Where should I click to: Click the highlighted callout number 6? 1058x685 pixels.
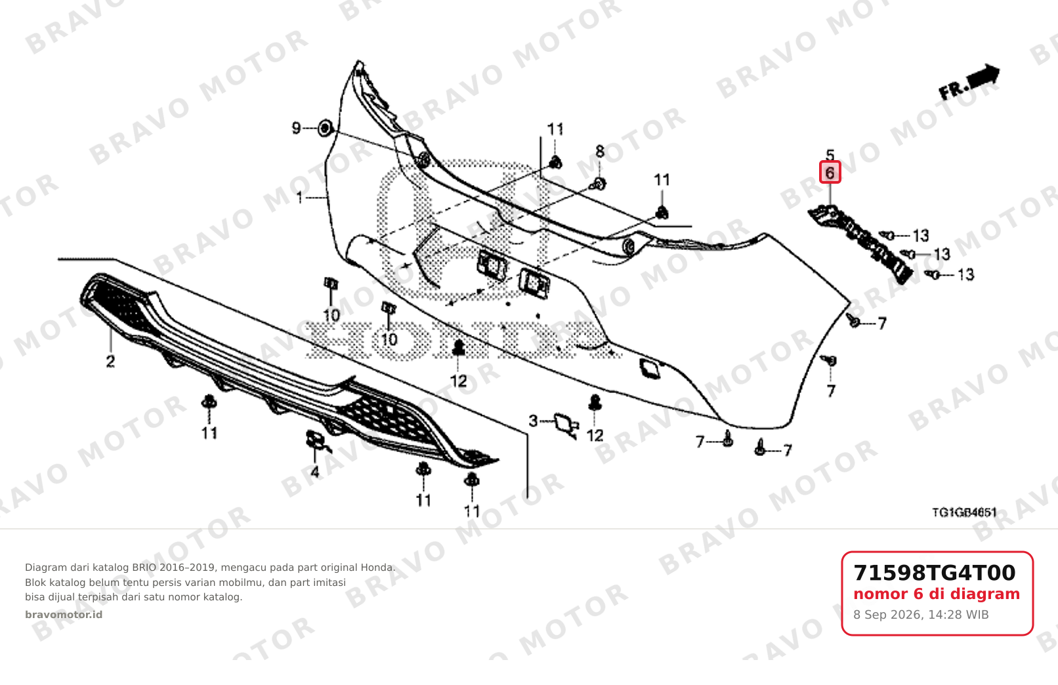(830, 173)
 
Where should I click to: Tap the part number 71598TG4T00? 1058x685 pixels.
(934, 573)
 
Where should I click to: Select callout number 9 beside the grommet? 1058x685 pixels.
(296, 128)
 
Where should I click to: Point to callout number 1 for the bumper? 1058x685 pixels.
(299, 197)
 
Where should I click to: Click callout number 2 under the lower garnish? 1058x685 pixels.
(110, 362)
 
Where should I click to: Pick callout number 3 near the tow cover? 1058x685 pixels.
(533, 421)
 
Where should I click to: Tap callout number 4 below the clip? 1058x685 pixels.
(314, 471)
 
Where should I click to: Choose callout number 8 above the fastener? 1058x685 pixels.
(600, 151)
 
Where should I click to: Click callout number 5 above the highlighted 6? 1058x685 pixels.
(830, 154)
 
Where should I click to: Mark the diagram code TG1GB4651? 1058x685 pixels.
(964, 512)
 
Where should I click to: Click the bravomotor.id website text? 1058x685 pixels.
(64, 615)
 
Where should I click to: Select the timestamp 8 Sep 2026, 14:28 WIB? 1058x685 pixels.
(921, 615)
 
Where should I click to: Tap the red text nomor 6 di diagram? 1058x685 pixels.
(937, 594)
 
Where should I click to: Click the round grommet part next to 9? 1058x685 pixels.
(325, 128)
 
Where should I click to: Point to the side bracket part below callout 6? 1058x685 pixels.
(860, 244)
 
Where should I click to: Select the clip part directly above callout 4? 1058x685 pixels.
(316, 440)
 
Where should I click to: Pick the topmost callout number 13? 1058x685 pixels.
(920, 235)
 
